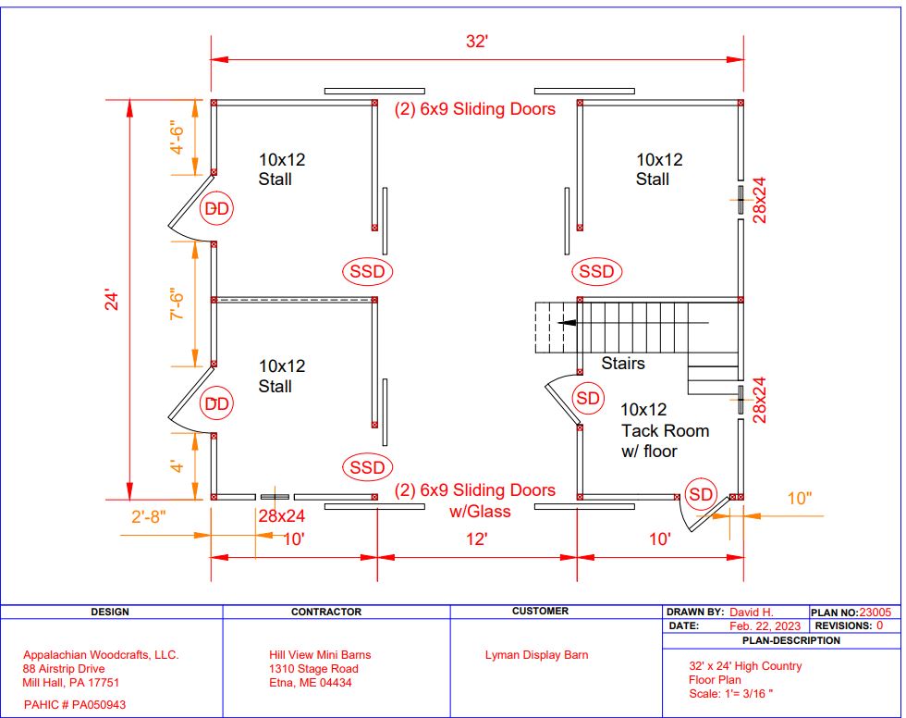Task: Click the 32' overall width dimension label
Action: tap(477, 42)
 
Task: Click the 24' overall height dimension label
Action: tap(112, 300)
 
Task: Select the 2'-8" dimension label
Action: tap(149, 516)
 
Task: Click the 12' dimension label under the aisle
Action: tap(477, 538)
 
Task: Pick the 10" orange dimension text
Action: tap(800, 499)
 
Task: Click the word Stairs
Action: tap(623, 363)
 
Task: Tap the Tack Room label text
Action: tap(665, 430)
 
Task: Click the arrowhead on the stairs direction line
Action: tap(566, 323)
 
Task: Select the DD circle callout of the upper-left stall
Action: tap(216, 208)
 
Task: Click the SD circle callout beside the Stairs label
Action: tap(588, 398)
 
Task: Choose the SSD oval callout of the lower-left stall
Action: tap(368, 467)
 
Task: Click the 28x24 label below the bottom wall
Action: tap(281, 515)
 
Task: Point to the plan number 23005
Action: tap(875, 613)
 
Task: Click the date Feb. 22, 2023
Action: tap(765, 626)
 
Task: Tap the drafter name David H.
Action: tap(751, 613)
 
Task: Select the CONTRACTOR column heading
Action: tap(326, 612)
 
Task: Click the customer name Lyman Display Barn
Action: tap(537, 655)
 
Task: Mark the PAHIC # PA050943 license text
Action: tap(75, 705)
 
